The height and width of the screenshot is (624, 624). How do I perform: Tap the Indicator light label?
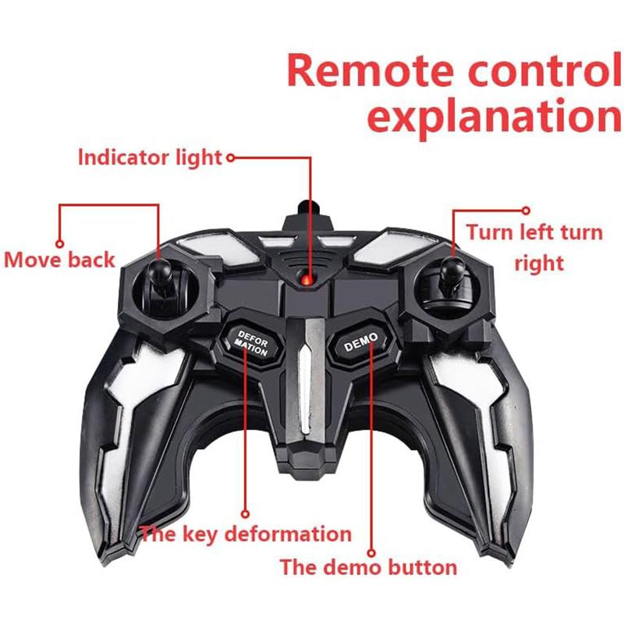(x=150, y=158)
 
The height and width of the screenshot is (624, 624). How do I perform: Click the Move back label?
(x=60, y=259)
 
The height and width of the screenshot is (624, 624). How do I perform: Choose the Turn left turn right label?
(x=534, y=246)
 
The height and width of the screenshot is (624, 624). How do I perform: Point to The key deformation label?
(x=246, y=534)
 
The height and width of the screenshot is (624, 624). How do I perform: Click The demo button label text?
(x=368, y=566)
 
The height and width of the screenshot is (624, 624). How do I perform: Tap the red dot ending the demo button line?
(x=371, y=551)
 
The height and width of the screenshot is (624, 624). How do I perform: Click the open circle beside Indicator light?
(x=230, y=158)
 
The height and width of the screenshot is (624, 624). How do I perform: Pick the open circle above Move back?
(x=58, y=243)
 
